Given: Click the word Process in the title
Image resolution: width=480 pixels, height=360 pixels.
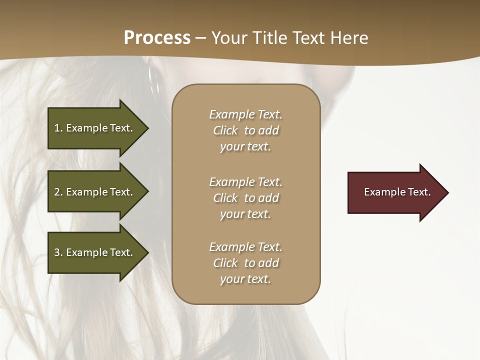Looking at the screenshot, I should coord(157,38).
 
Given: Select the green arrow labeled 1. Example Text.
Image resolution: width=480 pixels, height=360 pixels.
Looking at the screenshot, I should coord(95,128).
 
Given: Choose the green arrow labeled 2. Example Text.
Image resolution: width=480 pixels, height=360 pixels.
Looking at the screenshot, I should coord(95,192).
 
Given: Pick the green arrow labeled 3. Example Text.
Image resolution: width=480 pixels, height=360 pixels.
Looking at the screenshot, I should coord(95,252).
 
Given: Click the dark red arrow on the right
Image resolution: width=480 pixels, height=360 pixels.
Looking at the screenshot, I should coord(395,192).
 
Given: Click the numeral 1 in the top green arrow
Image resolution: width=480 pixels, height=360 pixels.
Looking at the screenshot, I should coord(57,128).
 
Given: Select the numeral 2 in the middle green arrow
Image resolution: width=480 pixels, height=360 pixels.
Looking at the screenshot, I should coord(57,192).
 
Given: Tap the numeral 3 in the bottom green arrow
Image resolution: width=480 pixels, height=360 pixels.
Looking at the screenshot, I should coord(57,252).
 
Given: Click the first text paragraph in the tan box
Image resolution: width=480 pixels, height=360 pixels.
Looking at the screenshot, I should coord(245,130).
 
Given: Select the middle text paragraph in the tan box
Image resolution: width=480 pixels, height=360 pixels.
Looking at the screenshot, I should coord(245,198).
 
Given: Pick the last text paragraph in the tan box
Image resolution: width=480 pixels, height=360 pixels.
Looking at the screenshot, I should coord(245,263).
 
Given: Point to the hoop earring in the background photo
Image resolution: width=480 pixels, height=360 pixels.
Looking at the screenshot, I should coord(153,80).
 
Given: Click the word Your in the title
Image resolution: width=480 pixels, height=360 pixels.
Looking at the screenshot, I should coord(229,38).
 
